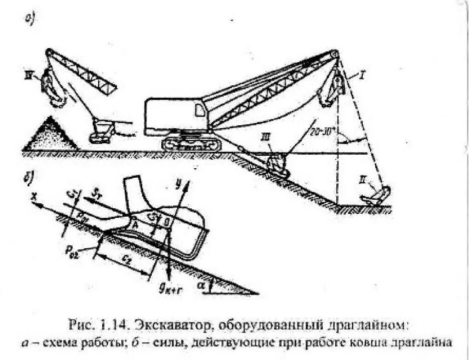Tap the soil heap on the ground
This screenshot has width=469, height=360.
pos(51,135)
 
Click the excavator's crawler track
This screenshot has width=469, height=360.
pos(191,144)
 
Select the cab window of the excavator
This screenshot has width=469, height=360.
pos(200,110)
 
